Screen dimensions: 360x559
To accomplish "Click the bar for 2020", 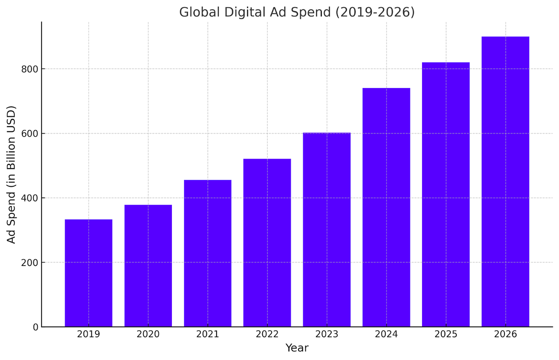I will coord(148,265).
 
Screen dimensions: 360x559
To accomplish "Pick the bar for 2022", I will coord(267,243).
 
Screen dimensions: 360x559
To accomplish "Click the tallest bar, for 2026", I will coord(505,182).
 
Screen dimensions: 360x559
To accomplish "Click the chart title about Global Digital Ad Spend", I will coord(297,12).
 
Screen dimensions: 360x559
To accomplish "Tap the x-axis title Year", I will coord(297,348).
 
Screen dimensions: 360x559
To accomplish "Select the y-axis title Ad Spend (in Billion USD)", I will coord(12,174).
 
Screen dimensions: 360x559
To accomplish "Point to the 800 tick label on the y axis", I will coord(29,69).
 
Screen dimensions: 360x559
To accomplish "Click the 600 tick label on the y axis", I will coord(29,134).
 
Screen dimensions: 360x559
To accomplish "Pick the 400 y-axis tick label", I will coord(29,198).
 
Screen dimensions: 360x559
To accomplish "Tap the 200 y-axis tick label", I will coord(29,263).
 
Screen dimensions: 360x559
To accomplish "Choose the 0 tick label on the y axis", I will coord(35,327).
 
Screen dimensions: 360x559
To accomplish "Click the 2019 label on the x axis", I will coord(89,334).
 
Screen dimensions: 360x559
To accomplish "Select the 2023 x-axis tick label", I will coord(327,334).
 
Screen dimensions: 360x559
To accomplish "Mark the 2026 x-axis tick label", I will coord(505,334).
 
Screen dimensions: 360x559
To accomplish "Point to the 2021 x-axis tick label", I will coord(208,334).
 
